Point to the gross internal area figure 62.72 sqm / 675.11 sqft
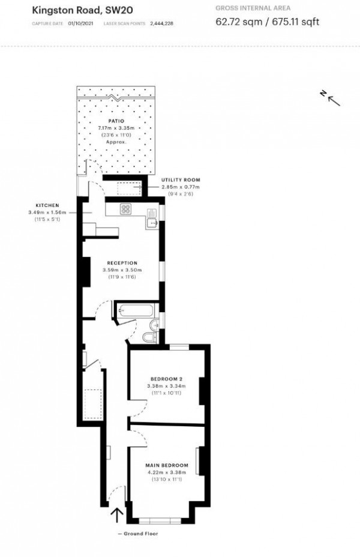point(267,22)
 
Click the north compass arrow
point(331,98)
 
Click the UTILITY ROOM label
point(180,180)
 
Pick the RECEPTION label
point(122,263)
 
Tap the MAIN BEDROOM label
point(166,465)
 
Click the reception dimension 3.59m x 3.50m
point(122,269)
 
